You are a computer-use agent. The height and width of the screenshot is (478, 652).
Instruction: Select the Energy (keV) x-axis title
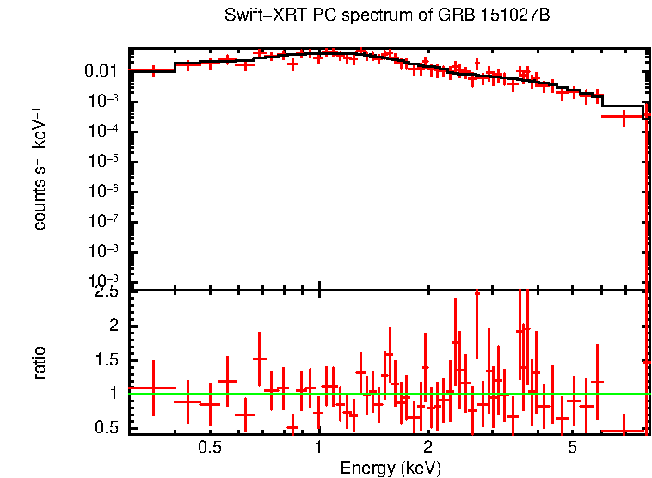pyautogui.click(x=391, y=468)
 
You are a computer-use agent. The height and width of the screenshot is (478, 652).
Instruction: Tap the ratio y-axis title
pyautogui.click(x=40, y=362)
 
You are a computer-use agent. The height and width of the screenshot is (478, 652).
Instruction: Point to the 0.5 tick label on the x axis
pyautogui.click(x=209, y=448)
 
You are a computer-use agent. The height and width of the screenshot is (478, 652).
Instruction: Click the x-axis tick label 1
pyautogui.click(x=319, y=448)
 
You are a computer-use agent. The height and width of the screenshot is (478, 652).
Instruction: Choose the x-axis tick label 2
pyautogui.click(x=427, y=448)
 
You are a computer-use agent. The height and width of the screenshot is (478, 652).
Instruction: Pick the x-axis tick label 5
pyautogui.click(x=572, y=448)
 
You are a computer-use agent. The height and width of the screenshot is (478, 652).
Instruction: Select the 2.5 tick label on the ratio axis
pyautogui.click(x=108, y=293)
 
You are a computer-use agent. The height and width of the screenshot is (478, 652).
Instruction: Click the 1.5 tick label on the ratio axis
pyautogui.click(x=108, y=360)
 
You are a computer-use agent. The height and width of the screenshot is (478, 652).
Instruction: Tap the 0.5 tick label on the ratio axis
pyautogui.click(x=108, y=427)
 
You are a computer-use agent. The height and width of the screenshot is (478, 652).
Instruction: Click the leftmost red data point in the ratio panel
pyautogui.click(x=153, y=388)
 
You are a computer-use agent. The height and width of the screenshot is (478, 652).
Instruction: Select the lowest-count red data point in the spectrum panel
pyautogui.click(x=624, y=115)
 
